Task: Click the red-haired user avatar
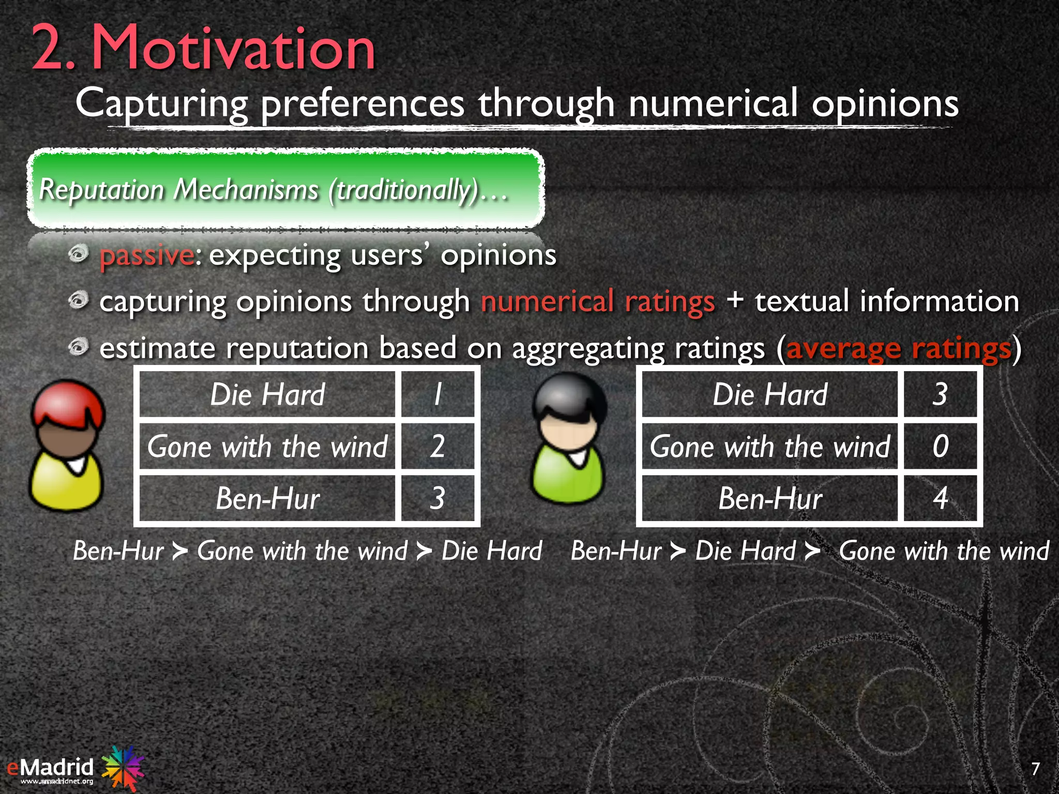click(x=67, y=446)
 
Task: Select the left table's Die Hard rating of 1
click(x=437, y=394)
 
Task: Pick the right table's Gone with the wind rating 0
click(x=940, y=446)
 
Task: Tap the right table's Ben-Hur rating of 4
click(x=940, y=498)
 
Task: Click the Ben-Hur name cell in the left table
click(x=267, y=498)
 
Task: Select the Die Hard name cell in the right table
click(x=770, y=394)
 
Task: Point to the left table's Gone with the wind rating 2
click(x=437, y=446)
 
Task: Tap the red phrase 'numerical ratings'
click(x=598, y=301)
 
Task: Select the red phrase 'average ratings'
click(x=898, y=348)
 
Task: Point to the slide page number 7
click(x=1035, y=769)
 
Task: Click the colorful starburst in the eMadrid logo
click(x=122, y=767)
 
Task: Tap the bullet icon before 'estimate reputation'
click(x=79, y=346)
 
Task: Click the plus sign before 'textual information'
click(x=734, y=300)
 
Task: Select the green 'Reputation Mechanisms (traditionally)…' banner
click(x=285, y=189)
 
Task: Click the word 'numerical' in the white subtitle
click(x=714, y=103)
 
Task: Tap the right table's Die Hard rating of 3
click(x=940, y=394)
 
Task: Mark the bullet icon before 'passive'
click(x=79, y=254)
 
